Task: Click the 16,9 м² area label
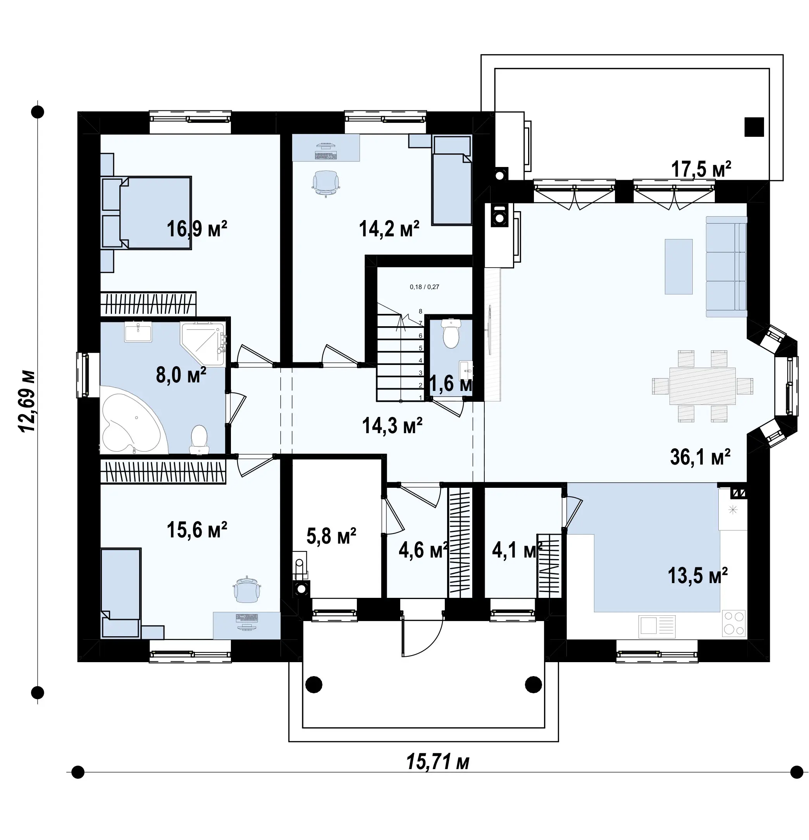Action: [x=196, y=229]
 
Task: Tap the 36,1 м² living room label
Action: [x=700, y=457]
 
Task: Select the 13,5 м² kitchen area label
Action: [x=697, y=576]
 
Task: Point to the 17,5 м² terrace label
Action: [x=701, y=169]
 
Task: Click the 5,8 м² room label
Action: [x=331, y=536]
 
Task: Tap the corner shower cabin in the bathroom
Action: [x=203, y=344]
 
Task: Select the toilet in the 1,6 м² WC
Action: [x=450, y=334]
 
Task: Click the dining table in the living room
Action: [x=702, y=386]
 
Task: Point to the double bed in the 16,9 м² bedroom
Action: [x=146, y=213]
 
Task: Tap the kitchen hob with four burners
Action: [x=733, y=623]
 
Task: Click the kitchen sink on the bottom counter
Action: [x=657, y=627]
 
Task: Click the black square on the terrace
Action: [x=754, y=127]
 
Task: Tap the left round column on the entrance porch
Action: [x=314, y=684]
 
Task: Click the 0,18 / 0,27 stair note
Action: [x=424, y=287]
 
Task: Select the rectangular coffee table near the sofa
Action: [x=678, y=267]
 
